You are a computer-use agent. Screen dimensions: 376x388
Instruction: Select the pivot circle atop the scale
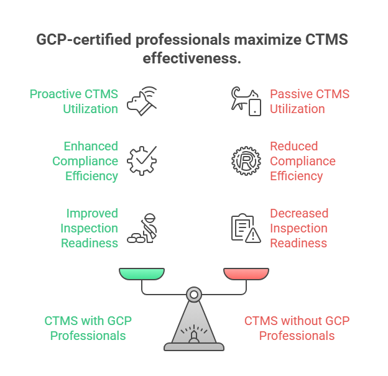194,291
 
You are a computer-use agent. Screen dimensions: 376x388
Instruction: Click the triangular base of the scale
194,326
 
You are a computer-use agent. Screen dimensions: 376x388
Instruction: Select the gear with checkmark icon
141,160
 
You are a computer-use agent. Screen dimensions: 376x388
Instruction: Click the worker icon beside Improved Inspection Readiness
141,228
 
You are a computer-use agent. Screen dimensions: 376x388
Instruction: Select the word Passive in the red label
291,94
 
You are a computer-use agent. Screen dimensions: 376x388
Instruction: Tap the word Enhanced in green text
91,147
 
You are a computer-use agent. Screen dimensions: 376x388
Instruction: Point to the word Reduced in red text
293,147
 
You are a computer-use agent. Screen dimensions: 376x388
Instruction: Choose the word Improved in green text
92,214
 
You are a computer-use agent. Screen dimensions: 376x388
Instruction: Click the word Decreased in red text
298,214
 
